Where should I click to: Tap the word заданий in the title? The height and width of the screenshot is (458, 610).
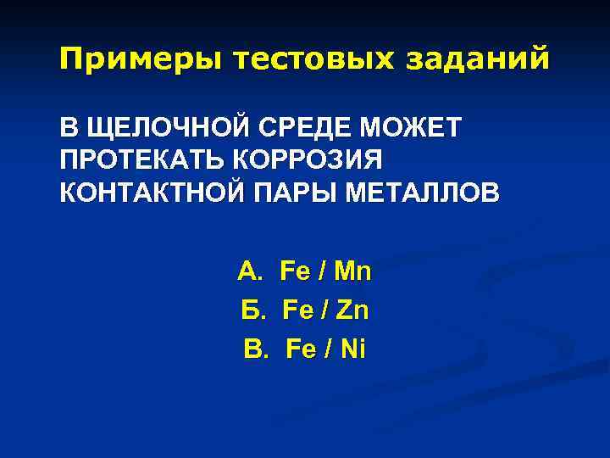point(480,59)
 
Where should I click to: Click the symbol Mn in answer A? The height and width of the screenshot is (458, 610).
point(353,272)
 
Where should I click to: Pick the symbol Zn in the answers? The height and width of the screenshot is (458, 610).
point(352,311)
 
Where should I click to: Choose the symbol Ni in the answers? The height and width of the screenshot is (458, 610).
point(350,349)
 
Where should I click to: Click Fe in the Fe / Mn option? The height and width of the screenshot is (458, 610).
point(295,272)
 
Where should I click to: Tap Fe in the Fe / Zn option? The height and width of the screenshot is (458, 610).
point(294,311)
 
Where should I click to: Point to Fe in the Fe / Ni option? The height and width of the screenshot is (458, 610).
point(302,349)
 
